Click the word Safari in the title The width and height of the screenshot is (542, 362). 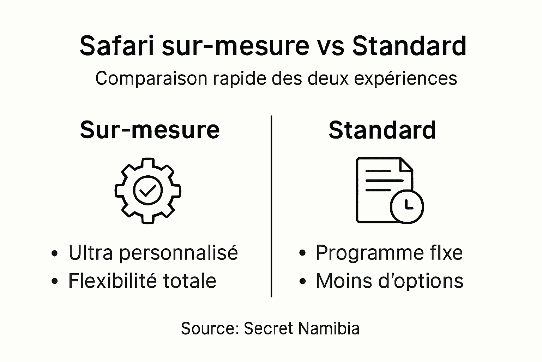click(x=117, y=46)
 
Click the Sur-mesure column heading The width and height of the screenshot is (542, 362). click(x=150, y=130)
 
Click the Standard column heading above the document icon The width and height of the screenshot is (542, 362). click(x=382, y=130)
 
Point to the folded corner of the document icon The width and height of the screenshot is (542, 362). click(x=407, y=164)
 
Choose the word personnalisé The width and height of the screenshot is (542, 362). click(x=178, y=253)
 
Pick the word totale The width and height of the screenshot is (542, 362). click(x=189, y=281)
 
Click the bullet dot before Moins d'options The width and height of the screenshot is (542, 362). click(x=302, y=281)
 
